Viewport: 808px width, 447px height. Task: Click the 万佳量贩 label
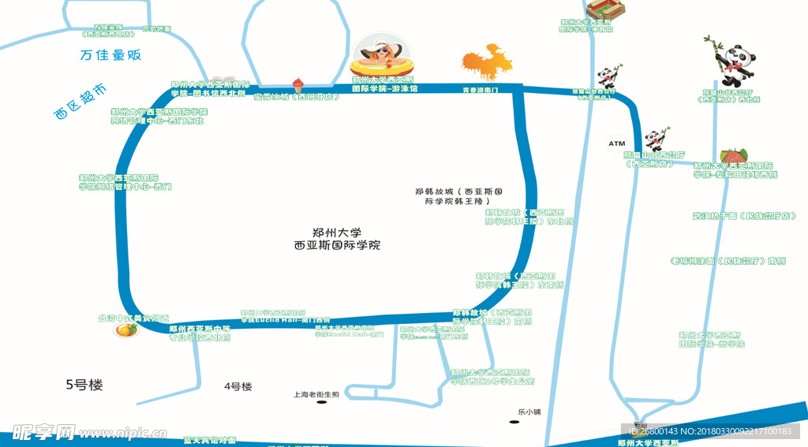point(110,55)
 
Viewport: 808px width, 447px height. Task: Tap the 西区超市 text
point(80,102)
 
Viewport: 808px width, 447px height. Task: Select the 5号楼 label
point(84,385)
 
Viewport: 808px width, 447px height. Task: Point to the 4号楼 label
point(238,386)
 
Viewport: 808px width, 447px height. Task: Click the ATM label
point(616,143)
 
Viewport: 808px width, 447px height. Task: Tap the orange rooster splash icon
point(487,63)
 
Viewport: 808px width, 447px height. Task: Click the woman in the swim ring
point(383,55)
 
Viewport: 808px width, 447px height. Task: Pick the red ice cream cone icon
point(297,83)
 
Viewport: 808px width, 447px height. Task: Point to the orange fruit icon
point(123,329)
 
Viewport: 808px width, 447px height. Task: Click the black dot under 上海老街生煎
point(321,402)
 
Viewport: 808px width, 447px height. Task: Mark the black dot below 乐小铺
point(514,422)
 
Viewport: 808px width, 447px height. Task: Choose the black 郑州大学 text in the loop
point(337,233)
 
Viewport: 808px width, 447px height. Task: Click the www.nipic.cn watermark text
point(118,433)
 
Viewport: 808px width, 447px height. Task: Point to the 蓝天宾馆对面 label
point(209,440)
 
